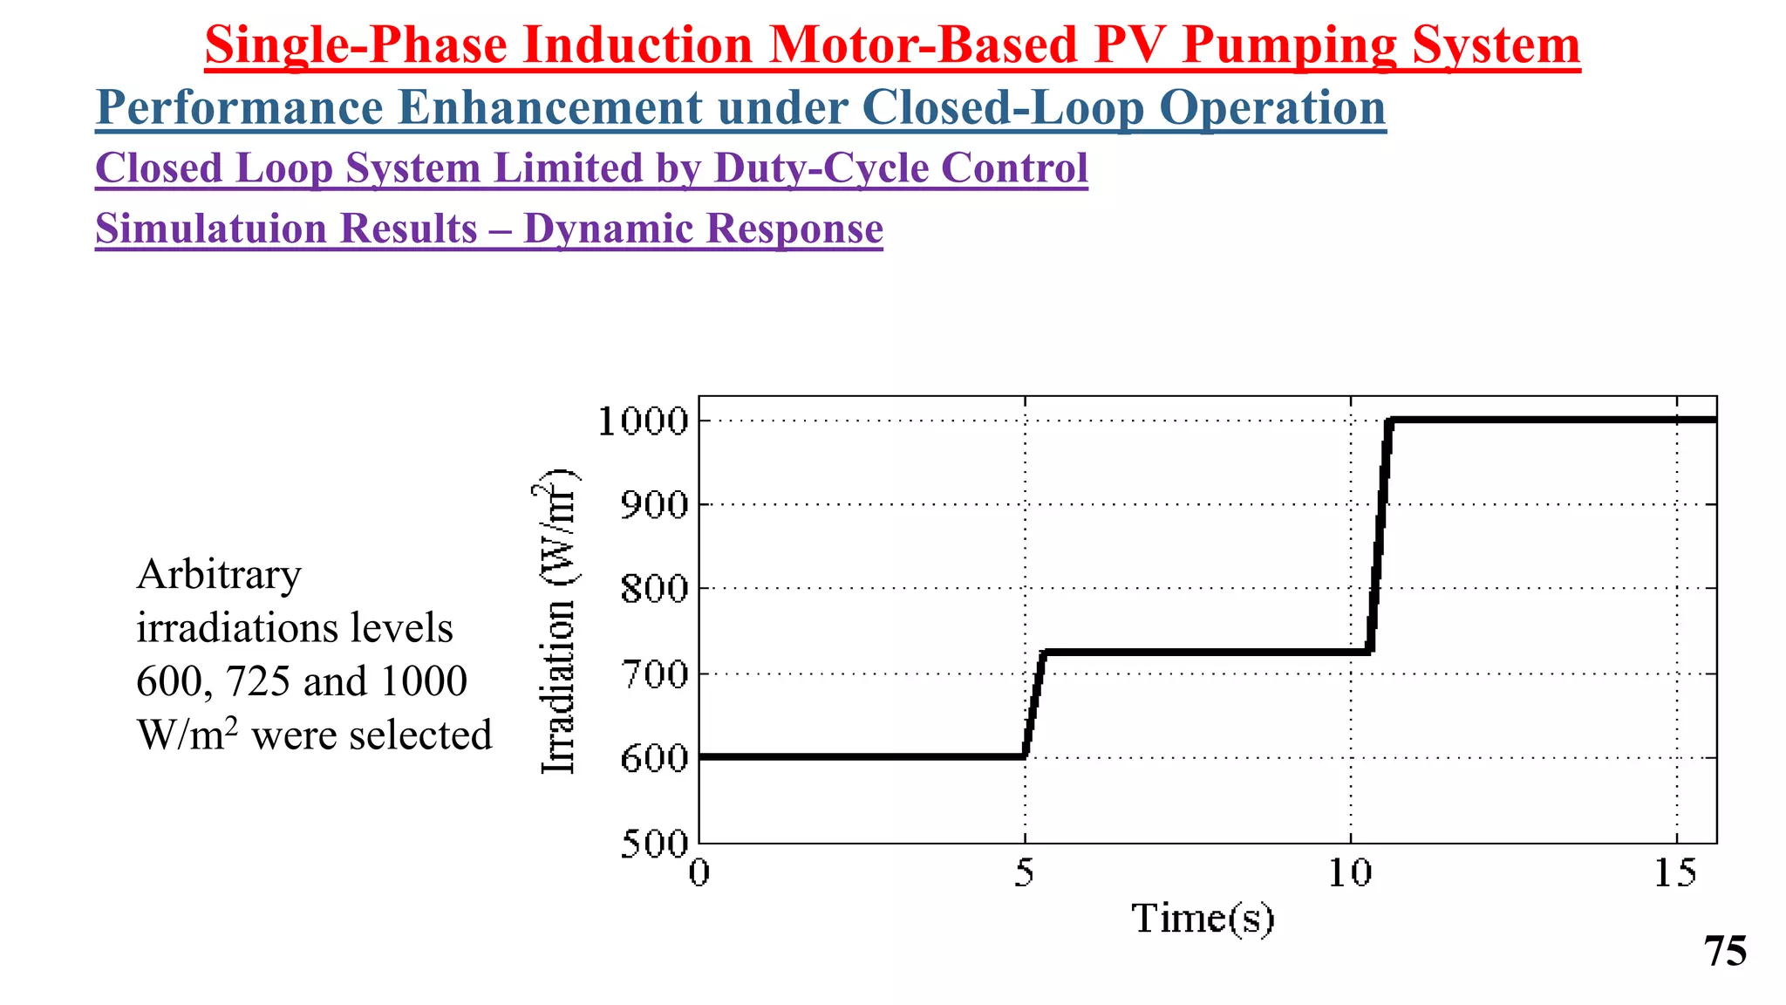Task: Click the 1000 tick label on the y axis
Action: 644,421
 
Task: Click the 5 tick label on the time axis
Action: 1024,872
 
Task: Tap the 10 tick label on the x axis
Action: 1350,872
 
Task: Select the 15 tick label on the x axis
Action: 1675,872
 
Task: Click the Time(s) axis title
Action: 1203,919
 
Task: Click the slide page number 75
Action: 1725,951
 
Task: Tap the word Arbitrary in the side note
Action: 219,575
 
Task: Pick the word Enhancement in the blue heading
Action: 549,108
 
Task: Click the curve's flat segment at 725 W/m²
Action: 1203,652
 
